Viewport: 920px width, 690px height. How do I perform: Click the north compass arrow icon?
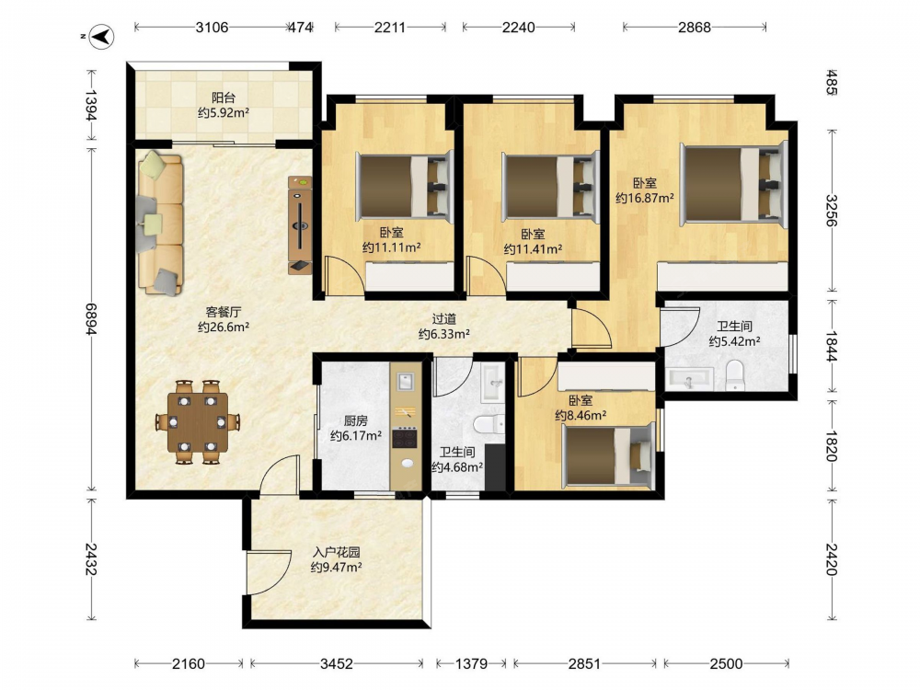(103, 37)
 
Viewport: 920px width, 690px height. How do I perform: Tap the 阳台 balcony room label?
(224, 98)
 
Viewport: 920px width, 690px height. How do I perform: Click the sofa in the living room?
(159, 224)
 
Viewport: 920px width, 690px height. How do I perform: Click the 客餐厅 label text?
(223, 312)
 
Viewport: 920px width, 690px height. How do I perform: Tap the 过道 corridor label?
(443, 319)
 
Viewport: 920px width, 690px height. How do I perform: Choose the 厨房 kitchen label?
(355, 420)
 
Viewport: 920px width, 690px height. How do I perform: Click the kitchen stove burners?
(405, 437)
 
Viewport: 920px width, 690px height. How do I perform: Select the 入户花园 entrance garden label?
(336, 552)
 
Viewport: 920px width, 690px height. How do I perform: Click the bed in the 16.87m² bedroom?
(733, 184)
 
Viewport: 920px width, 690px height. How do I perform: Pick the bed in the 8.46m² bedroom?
(608, 455)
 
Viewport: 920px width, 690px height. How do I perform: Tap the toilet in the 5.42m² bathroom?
(734, 375)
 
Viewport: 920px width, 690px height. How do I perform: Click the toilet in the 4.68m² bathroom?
(489, 423)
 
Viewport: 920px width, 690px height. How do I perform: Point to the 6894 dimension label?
(91, 319)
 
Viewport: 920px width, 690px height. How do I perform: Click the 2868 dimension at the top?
(694, 27)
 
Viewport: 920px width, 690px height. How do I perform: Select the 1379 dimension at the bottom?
(471, 663)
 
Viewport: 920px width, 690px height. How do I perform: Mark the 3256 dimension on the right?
(832, 210)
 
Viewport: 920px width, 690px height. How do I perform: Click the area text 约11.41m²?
(533, 249)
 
